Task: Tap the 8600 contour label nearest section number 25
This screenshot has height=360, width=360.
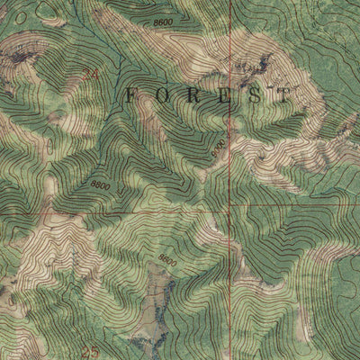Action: [166, 258]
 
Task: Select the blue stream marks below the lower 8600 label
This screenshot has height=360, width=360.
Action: [162, 306]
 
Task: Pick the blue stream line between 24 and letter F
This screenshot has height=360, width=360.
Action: [108, 85]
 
